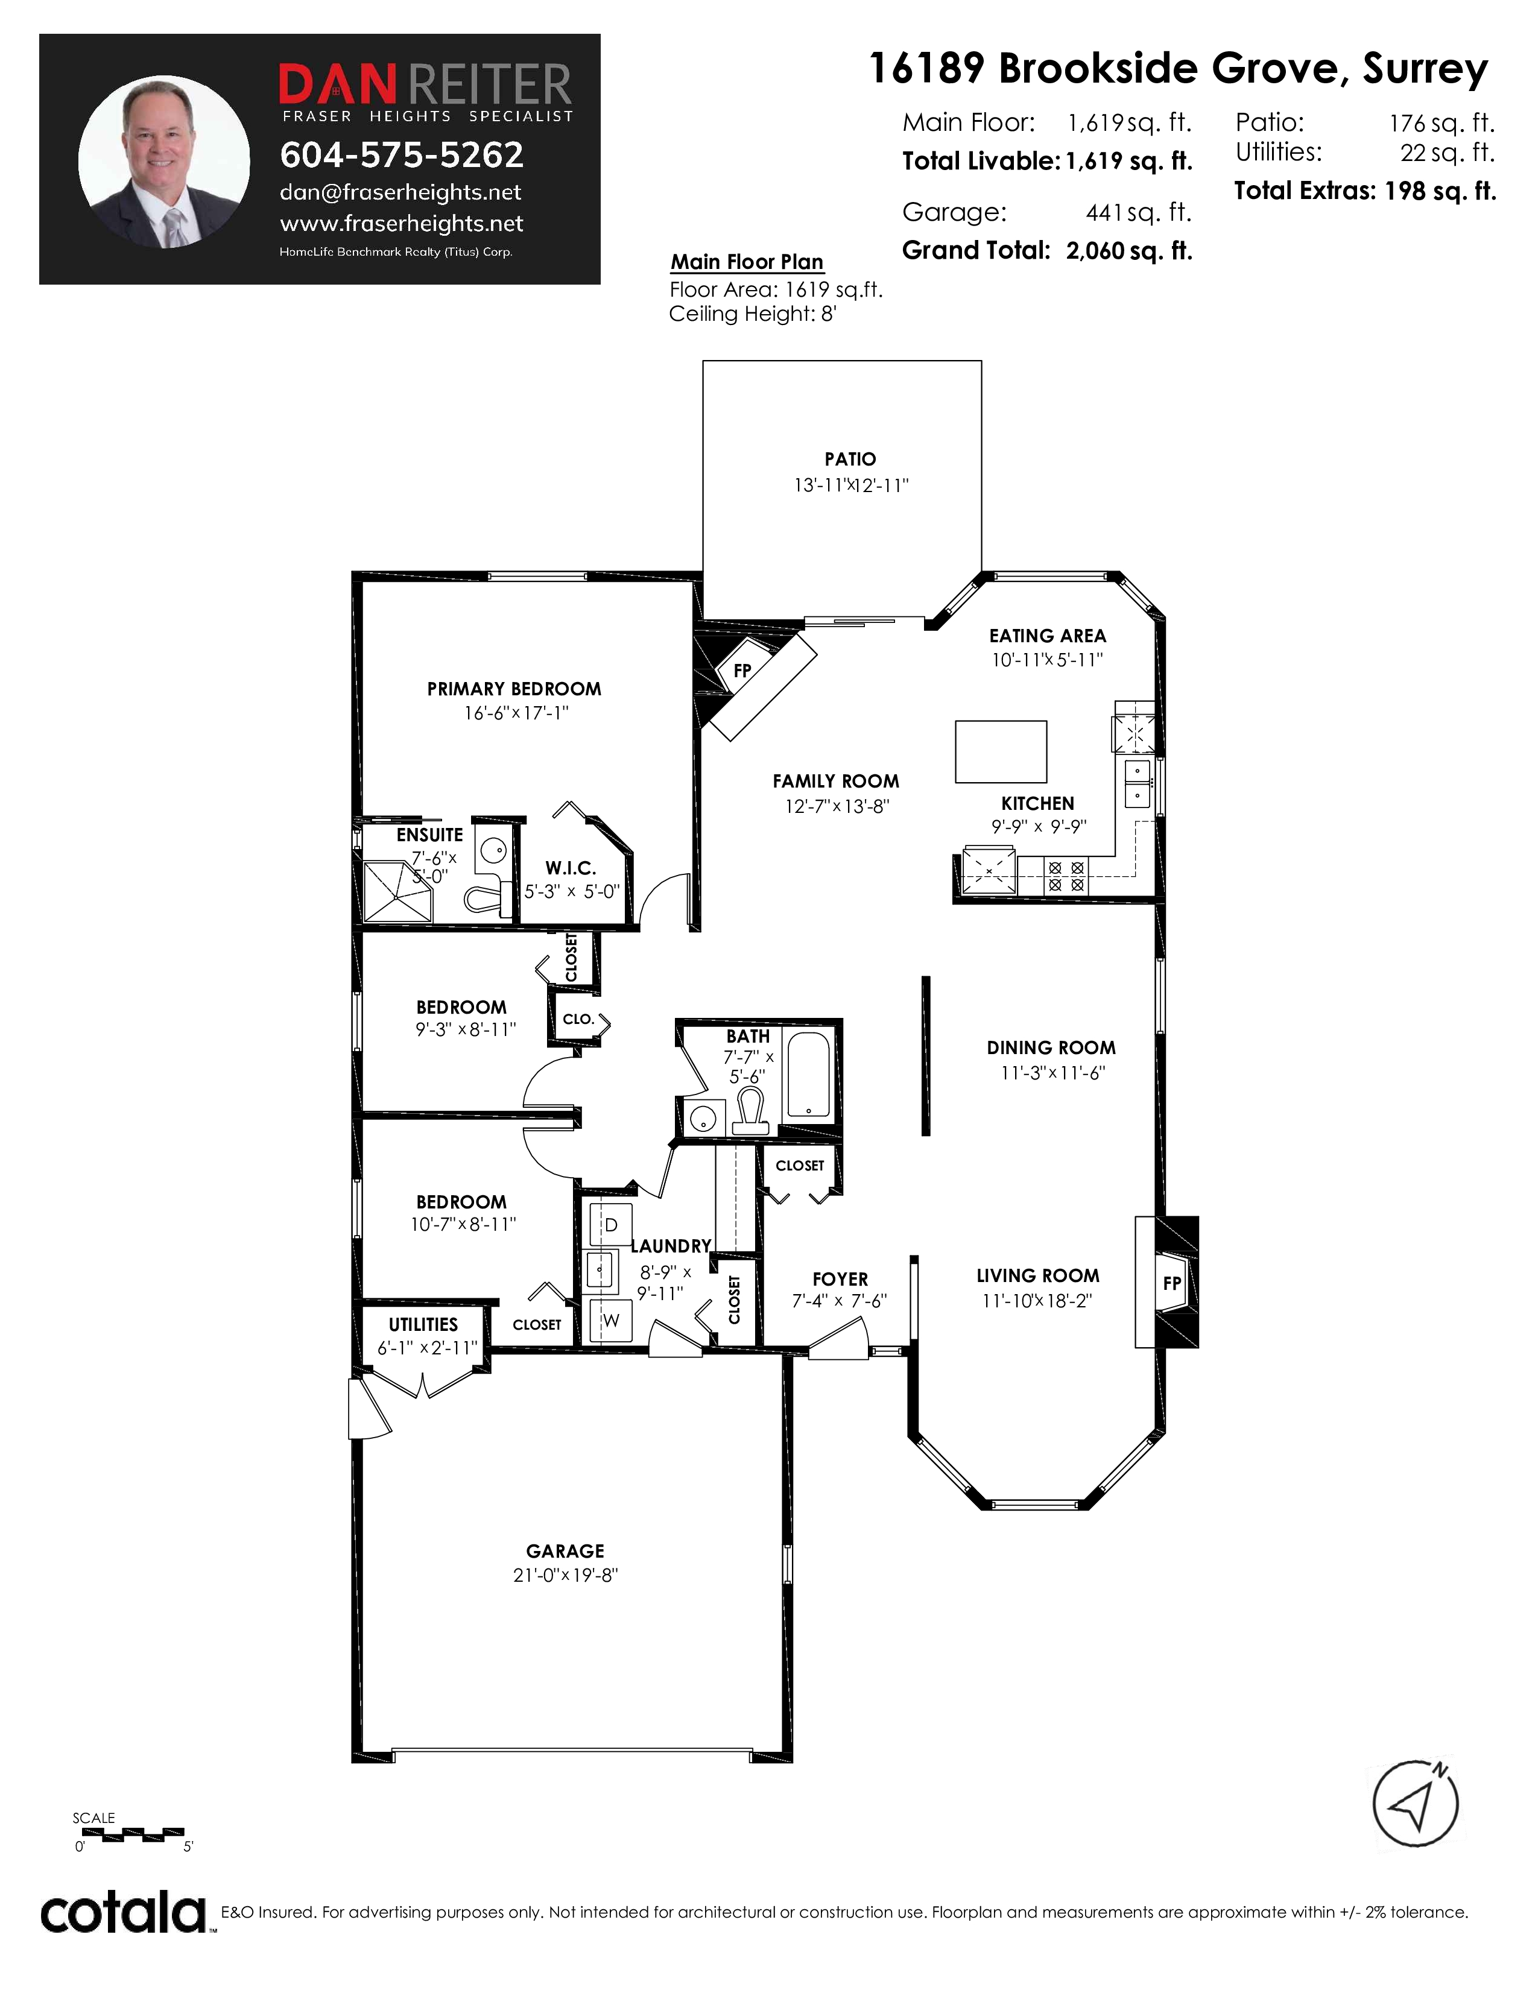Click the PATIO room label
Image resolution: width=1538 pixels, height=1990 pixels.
pyautogui.click(x=850, y=460)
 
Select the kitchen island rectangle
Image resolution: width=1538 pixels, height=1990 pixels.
pyautogui.click(x=1001, y=752)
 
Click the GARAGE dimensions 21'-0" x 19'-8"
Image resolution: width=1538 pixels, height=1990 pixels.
pyautogui.click(x=566, y=1575)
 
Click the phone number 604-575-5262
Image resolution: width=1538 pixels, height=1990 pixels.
pyautogui.click(x=402, y=155)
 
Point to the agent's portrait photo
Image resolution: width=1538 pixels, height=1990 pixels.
pyautogui.click(x=164, y=161)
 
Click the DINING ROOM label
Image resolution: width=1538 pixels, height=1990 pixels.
pyautogui.click(x=1051, y=1048)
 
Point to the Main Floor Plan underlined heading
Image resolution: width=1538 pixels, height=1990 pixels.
pyautogui.click(x=747, y=262)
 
